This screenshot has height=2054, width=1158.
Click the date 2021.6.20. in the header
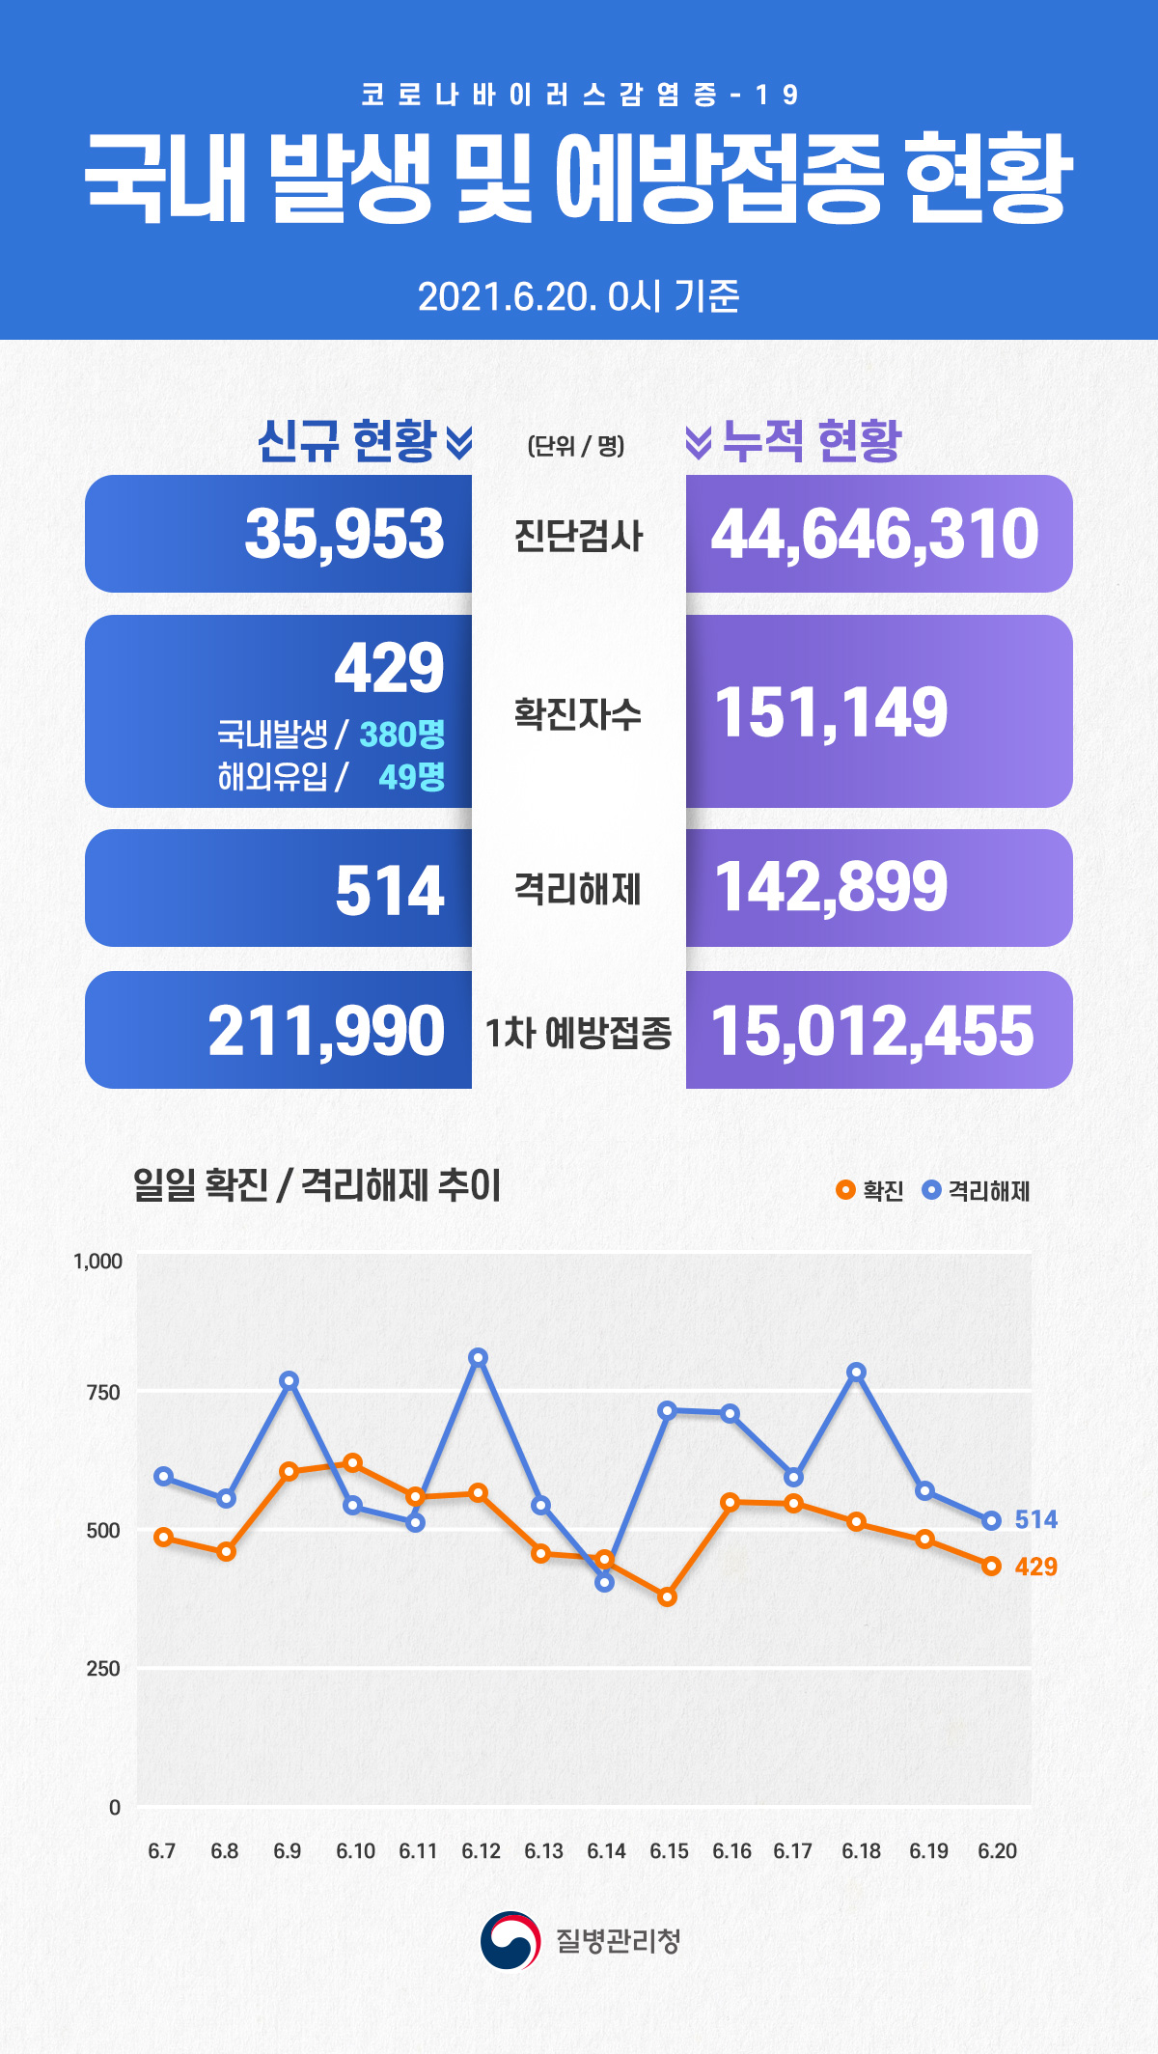point(508,296)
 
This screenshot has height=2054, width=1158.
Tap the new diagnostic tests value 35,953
point(344,534)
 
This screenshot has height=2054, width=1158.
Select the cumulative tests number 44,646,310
point(874,534)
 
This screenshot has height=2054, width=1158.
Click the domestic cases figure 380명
point(401,735)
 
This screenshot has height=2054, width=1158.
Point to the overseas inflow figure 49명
point(411,776)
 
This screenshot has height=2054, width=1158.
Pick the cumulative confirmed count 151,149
point(831,712)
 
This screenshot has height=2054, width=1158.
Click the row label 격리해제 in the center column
point(577,888)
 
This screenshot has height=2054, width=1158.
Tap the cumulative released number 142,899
point(831,887)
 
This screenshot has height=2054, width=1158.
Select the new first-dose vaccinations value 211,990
point(326,1031)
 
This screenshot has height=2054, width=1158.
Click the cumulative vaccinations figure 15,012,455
point(872,1031)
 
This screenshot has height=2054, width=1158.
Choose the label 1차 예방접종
point(577,1032)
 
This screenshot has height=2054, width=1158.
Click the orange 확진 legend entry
point(869,1190)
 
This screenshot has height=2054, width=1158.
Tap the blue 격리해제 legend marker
point(931,1189)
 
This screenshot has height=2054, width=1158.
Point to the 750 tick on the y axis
point(103,1392)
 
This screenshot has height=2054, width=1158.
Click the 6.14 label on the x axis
point(606,1851)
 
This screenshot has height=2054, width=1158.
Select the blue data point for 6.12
point(479,1357)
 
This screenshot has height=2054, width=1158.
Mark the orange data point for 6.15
point(667,1597)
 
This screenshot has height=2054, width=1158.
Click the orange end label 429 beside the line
point(1035,1567)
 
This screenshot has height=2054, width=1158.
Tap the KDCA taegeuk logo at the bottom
point(510,1940)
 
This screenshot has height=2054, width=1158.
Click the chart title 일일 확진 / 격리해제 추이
point(317,1185)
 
